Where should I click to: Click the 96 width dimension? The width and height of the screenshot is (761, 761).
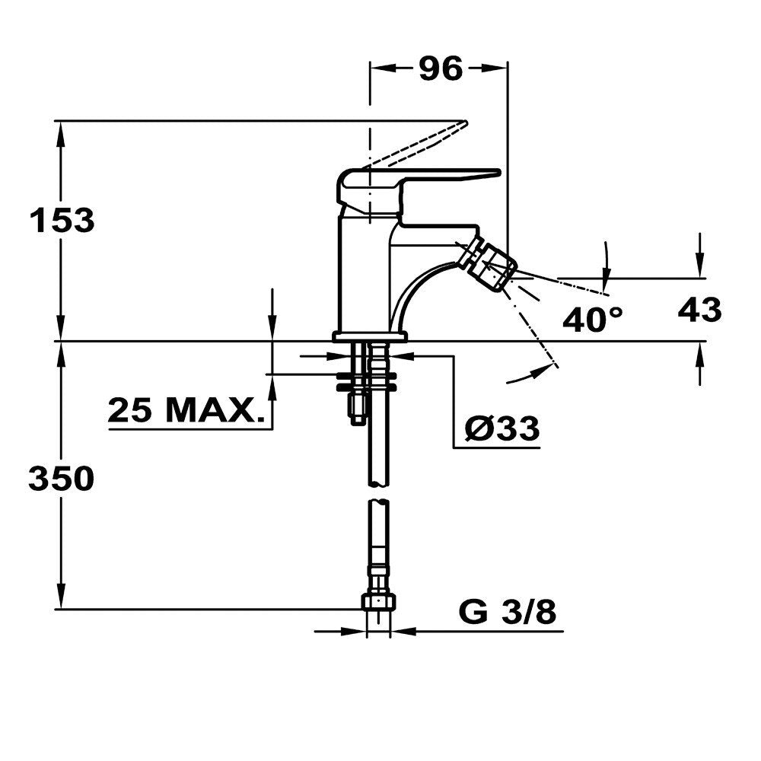440,68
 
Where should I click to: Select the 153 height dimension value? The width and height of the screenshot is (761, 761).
62,221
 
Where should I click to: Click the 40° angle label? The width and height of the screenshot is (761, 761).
593,319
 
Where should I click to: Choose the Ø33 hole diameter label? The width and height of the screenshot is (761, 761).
501,428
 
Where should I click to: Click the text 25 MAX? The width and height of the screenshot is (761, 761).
186,409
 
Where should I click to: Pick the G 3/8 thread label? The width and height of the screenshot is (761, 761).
508,612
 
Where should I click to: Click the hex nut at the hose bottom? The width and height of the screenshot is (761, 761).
378,602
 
